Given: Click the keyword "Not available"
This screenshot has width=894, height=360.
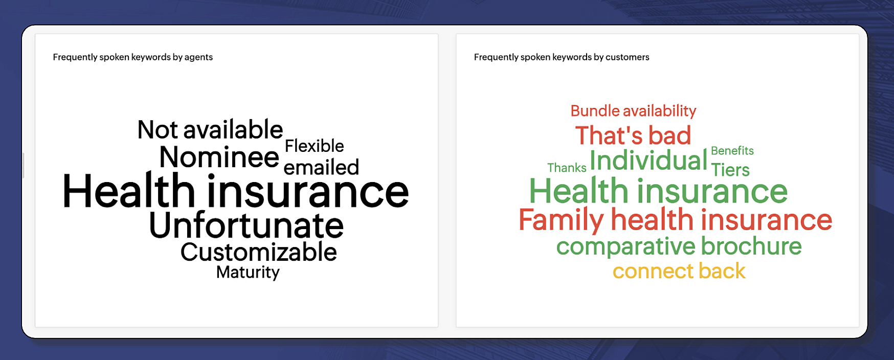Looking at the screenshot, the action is tap(210, 129).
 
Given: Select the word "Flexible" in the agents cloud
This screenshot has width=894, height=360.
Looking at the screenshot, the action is tap(314, 146).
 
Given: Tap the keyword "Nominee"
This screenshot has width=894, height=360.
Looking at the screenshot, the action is tap(219, 156).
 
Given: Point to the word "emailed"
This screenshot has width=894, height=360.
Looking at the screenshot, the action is tap(321, 167).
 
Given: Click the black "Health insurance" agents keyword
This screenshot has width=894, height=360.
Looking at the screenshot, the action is tap(235, 191).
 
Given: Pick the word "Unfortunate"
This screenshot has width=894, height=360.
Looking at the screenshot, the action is tap(246, 225).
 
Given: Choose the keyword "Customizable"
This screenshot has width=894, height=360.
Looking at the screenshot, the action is tap(258, 252).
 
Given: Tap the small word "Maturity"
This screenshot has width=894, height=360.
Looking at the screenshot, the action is tap(248, 272).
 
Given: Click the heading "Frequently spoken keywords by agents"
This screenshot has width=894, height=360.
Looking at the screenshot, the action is tap(132, 57).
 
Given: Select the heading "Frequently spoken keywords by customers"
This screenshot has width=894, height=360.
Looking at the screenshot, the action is tap(562, 57).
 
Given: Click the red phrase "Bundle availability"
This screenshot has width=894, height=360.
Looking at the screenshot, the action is tap(633, 111).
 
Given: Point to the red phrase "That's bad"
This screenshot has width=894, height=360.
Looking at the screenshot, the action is tap(633, 136).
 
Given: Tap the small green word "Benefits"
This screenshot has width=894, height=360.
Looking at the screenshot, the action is tap(732, 151).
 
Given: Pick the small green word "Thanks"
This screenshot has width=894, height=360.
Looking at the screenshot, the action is tap(567, 168).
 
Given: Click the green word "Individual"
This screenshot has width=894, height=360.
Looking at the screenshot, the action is tap(649, 160).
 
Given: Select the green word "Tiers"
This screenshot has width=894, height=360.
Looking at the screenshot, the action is tap(730, 170).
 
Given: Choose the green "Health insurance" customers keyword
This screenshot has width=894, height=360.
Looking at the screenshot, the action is tap(658, 191).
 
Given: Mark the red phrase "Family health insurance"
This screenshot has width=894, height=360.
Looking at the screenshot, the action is tap(675, 219).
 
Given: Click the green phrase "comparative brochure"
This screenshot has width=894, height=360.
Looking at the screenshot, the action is tap(679, 246).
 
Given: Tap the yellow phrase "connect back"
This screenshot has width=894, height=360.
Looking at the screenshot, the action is tap(679, 271).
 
